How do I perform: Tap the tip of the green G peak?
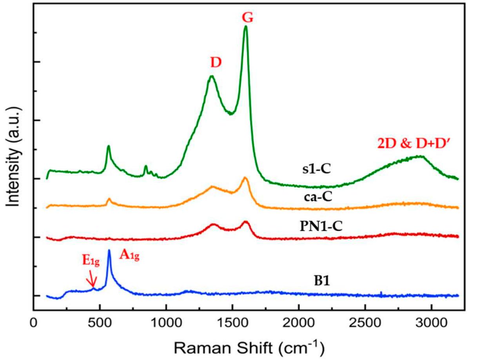click(x=246, y=27)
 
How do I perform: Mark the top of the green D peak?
click(x=212, y=76)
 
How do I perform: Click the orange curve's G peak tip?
click(x=245, y=178)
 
